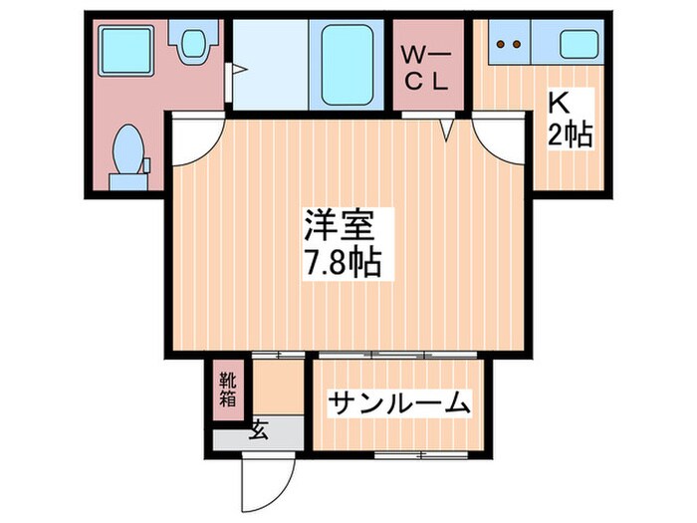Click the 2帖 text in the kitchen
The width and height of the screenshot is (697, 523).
(571, 135)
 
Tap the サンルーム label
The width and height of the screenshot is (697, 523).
(398, 404)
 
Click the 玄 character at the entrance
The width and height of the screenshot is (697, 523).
(259, 430)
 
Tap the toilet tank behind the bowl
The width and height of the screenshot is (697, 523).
(126, 180)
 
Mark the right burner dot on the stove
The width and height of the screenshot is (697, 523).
(518, 44)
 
